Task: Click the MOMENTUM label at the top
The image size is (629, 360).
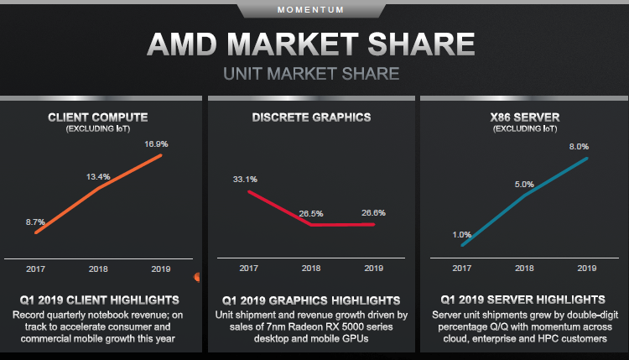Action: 311,10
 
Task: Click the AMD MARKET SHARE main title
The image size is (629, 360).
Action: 311,44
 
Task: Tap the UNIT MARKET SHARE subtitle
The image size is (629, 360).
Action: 311,74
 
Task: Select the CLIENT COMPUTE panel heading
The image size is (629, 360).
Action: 98,117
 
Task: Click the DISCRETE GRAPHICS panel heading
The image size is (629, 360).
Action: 311,117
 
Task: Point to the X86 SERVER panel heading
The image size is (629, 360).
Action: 525,117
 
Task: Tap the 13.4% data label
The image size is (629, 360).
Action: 97,177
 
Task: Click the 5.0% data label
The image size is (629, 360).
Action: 524,185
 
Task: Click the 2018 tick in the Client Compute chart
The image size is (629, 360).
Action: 98,269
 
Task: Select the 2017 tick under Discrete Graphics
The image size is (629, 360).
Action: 248,269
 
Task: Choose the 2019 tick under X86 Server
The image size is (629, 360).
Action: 586,269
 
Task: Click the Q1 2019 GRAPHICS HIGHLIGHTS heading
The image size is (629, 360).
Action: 311,300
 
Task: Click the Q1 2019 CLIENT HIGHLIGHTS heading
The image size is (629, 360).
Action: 98,300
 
